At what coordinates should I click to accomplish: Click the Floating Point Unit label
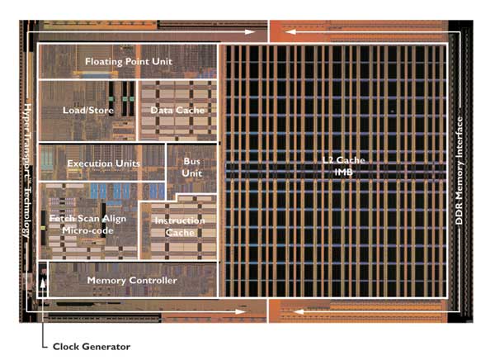tap(127, 62)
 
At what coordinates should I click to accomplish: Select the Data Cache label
tap(177, 110)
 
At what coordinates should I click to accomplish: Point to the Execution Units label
tap(103, 164)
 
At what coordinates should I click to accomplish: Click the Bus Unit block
tap(192, 166)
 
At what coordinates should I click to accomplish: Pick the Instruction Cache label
tap(173, 226)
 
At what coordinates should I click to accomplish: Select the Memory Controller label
tap(132, 281)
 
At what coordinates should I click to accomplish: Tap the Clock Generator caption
tap(92, 345)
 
